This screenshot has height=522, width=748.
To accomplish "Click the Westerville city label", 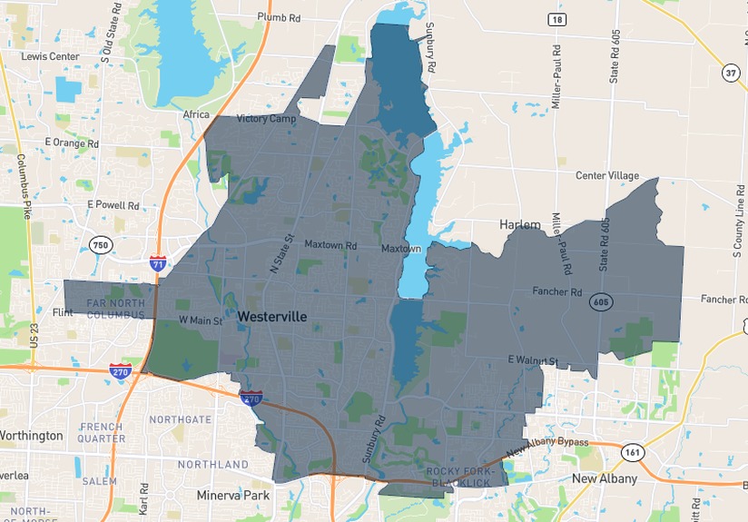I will [x=272, y=317].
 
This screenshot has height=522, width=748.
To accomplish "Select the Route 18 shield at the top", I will [x=556, y=19].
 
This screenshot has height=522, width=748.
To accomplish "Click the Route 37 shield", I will [x=731, y=73].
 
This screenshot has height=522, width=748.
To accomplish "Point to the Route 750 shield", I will [x=101, y=244].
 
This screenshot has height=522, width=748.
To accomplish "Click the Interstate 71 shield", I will [x=158, y=263].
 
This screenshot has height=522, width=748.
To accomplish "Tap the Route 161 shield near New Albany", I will [x=632, y=450].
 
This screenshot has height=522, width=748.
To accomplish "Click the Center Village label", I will [x=607, y=175].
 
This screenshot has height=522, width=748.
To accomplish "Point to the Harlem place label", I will [x=520, y=224].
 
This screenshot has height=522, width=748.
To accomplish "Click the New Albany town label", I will [x=604, y=478].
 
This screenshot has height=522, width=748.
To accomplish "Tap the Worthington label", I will [x=30, y=436].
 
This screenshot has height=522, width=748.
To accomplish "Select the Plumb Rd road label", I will [x=279, y=17].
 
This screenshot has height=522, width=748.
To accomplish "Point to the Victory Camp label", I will [x=267, y=119].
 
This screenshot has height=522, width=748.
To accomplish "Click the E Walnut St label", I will [x=532, y=360].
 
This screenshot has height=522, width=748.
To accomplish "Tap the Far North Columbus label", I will [x=115, y=309].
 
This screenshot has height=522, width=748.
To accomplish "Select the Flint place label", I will [x=63, y=312].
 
